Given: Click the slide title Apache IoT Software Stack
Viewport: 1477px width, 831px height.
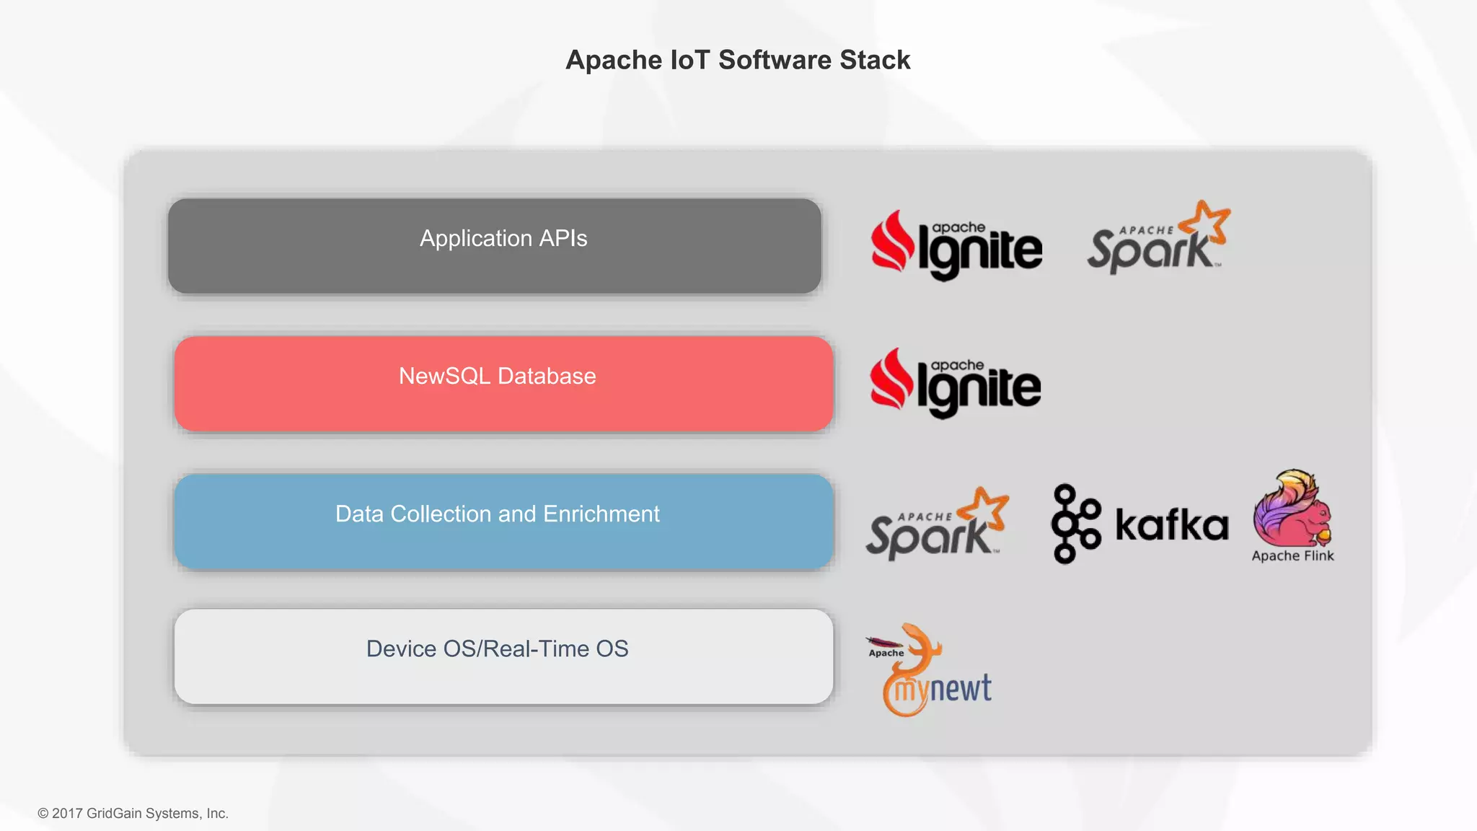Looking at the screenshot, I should (x=738, y=60).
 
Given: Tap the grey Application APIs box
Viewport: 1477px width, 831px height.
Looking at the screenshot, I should (x=494, y=246).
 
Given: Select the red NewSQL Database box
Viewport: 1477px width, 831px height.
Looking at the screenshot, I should (x=503, y=384).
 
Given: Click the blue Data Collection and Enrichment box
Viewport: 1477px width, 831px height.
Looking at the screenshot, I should (x=503, y=522).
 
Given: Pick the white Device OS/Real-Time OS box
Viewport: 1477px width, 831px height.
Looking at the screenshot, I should (x=503, y=656).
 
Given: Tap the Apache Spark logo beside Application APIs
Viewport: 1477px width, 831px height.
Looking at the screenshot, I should (x=1158, y=238).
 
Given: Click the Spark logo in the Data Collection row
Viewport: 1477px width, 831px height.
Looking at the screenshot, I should (x=937, y=524).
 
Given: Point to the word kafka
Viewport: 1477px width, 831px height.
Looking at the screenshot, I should (x=1171, y=524).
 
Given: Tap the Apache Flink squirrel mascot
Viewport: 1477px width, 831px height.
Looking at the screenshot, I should (x=1292, y=509).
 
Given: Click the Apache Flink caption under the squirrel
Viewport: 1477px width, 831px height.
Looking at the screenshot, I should (x=1292, y=556).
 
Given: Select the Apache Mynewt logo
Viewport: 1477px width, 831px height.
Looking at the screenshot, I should (x=930, y=671).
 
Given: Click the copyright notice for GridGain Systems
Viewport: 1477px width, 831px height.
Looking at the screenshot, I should (x=133, y=814).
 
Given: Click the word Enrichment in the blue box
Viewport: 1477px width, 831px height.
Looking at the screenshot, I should (x=601, y=514).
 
